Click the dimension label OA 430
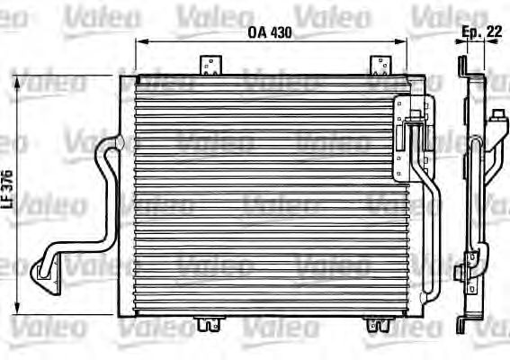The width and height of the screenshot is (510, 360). [x=271, y=32]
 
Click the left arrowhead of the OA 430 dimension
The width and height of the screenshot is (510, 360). [x=138, y=41]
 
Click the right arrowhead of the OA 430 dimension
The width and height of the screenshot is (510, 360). [x=405, y=41]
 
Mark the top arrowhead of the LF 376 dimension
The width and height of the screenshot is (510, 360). [x=19, y=79]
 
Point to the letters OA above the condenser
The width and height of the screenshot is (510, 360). [x=255, y=32]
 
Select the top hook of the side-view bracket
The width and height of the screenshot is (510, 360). [x=462, y=63]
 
